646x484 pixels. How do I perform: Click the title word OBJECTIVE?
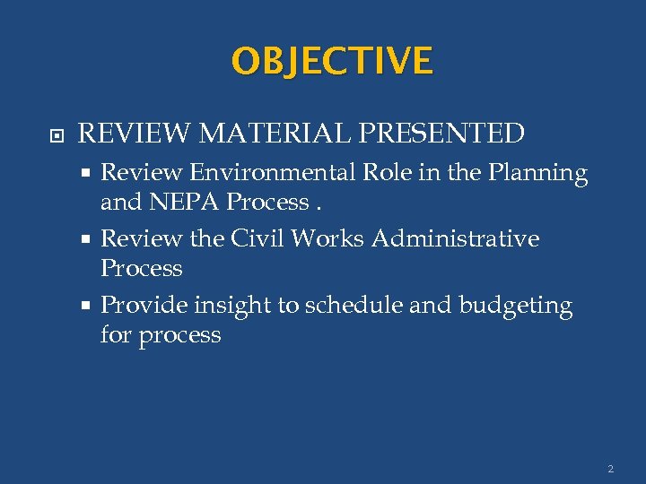tap(332, 61)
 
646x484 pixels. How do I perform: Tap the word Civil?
tap(256, 239)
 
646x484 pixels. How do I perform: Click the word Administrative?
tap(456, 239)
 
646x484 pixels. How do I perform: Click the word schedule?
tap(354, 306)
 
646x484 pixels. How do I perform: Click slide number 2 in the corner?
tap(610, 468)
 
